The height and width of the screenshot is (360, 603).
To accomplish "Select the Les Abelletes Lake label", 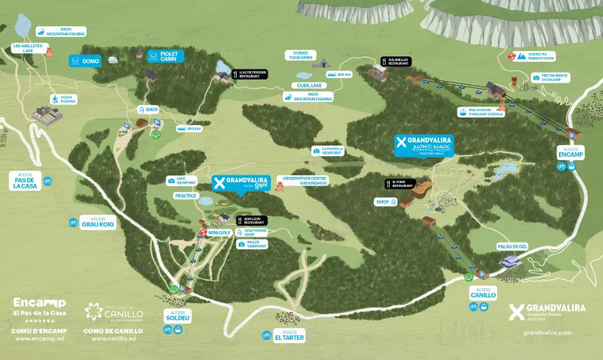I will (28, 48).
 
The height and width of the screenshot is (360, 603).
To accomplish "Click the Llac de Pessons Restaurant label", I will (252, 74).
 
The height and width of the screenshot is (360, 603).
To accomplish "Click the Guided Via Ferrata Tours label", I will (541, 56).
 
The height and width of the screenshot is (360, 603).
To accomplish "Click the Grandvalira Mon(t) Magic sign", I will (424, 145).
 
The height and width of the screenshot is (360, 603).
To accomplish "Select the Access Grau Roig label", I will (97, 222).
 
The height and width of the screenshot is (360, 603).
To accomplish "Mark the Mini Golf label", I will (220, 233).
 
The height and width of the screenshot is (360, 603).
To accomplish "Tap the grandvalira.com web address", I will (547, 333).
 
